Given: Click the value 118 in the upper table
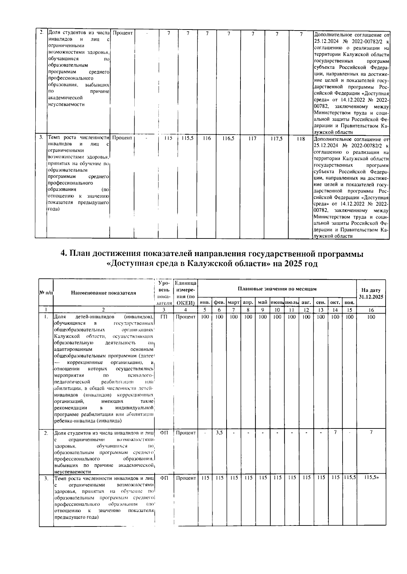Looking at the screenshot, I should pyautogui.click(x=301, y=138).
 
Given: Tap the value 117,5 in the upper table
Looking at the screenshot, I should pyautogui.click(x=277, y=138).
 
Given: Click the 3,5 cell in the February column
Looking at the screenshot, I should pyautogui.click(x=219, y=433).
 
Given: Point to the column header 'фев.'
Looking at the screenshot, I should pyautogui.click(x=219, y=302).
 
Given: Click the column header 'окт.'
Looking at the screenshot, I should pyautogui.click(x=335, y=302).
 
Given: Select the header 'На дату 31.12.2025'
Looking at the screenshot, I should pyautogui.click(x=371, y=293).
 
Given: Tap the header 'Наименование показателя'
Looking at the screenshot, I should pyautogui.click(x=103, y=293).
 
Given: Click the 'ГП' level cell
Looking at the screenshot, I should pyautogui.click(x=163, y=317).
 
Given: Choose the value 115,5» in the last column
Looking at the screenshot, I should pyautogui.click(x=371, y=477).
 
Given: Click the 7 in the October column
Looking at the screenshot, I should pyautogui.click(x=335, y=433).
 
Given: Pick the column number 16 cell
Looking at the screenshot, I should pyautogui.click(x=371, y=309).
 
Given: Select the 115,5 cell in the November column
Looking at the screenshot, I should pyautogui.click(x=349, y=477).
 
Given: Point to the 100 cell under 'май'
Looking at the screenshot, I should pyautogui.click(x=263, y=317).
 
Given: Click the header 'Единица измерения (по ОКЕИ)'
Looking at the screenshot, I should pyautogui.click(x=185, y=293).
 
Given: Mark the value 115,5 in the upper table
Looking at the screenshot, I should pyautogui.click(x=187, y=138).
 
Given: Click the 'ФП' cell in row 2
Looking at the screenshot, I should pyautogui.click(x=163, y=433).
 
